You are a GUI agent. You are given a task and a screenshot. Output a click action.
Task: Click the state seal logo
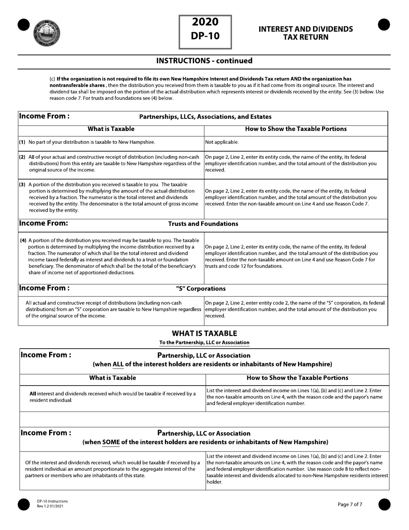(x=46, y=33)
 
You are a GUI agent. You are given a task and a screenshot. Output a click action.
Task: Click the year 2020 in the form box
(x=205, y=22)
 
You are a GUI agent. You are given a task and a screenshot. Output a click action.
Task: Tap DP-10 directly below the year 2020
(x=205, y=36)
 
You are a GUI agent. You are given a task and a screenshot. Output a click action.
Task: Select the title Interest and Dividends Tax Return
(x=305, y=33)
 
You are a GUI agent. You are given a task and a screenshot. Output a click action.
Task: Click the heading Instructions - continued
(x=204, y=61)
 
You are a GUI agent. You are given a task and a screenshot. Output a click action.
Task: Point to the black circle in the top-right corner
(x=384, y=25)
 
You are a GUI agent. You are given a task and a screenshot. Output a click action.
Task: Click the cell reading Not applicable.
(x=222, y=142)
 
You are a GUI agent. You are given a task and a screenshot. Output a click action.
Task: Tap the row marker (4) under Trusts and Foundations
(x=23, y=240)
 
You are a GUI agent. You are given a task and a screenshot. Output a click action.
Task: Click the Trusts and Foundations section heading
(x=203, y=224)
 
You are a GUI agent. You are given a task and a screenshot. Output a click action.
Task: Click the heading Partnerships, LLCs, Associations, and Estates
(x=205, y=116)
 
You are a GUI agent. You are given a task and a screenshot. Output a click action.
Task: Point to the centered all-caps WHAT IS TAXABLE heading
(x=204, y=334)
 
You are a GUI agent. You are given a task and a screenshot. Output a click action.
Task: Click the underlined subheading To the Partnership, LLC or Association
(x=204, y=343)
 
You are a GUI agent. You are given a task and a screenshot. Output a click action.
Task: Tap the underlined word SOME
(x=111, y=442)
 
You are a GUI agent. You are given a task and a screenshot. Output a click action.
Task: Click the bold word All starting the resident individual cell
(x=33, y=393)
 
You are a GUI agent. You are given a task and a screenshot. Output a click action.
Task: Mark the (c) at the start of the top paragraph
(x=52, y=79)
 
